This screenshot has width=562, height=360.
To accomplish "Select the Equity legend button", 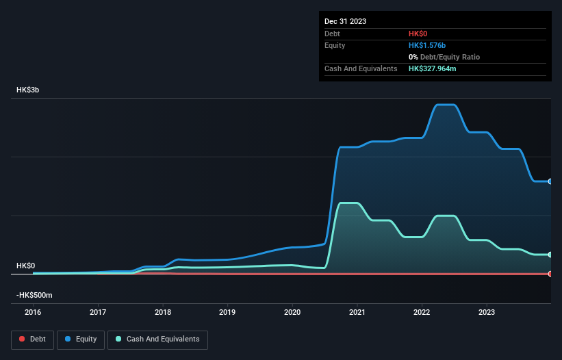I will [x=81, y=339].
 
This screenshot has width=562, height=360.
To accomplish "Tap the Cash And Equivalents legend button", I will [x=157, y=339].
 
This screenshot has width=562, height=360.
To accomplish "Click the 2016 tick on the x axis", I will [x=33, y=313].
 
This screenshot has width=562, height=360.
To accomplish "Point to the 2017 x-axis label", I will [x=98, y=313].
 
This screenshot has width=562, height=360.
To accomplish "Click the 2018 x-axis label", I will [x=163, y=313].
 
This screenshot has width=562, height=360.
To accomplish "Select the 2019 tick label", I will [x=227, y=313].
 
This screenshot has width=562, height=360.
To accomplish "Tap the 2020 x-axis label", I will [x=292, y=313].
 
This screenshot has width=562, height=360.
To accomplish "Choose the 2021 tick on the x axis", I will [x=357, y=313].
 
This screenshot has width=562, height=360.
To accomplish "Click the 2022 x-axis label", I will [x=422, y=313].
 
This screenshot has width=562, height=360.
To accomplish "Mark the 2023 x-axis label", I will [x=487, y=313].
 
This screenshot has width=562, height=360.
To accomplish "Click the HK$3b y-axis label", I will [x=28, y=90].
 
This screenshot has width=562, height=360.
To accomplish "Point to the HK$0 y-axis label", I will [x=26, y=266].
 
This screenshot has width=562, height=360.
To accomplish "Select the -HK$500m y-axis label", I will [x=34, y=295].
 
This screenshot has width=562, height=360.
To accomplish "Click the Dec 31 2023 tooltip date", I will [x=345, y=21].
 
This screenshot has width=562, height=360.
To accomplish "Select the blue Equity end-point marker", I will [x=550, y=181].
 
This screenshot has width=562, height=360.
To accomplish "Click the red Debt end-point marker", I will [x=550, y=274].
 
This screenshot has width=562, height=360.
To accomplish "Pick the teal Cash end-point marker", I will [x=550, y=255].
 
